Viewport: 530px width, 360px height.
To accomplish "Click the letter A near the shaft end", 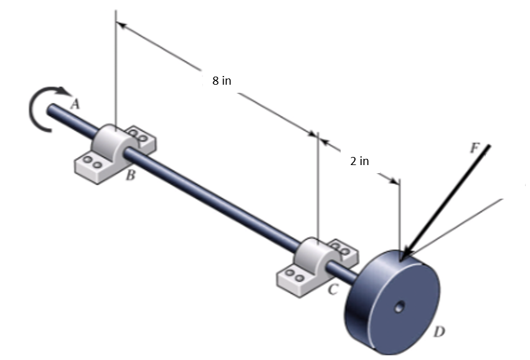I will click(75, 105).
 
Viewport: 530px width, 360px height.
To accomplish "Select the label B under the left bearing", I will click(130, 176).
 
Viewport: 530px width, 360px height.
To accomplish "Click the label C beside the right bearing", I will click(333, 288).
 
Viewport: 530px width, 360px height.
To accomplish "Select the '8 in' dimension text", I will click(222, 82).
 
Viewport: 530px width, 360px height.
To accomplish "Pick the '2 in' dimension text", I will click(359, 161).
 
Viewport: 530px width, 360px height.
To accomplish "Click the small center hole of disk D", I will click(399, 306).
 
